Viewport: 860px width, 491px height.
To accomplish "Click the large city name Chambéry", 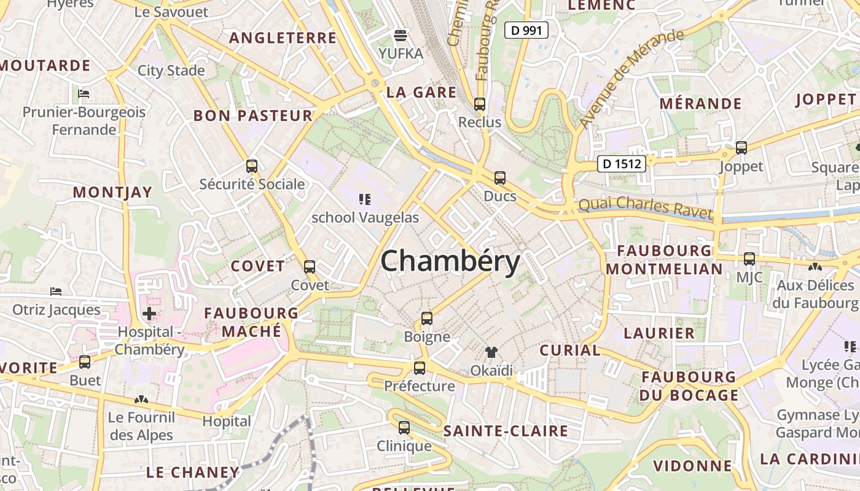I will coord(450,262).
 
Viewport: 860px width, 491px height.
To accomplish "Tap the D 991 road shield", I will coord(526,29).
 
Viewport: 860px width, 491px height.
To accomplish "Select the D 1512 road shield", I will coord(622,163).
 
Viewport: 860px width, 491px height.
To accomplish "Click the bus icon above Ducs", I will coord(500,178).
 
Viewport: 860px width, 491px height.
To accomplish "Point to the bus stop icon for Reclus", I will coord(480,104).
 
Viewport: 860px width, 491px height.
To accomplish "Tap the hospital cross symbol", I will coord(149,314).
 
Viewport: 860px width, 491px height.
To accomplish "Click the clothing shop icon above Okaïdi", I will coord(491,352).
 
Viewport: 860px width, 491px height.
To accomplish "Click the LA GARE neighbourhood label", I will coord(421,93).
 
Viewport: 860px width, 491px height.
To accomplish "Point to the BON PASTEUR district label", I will coord(253,115).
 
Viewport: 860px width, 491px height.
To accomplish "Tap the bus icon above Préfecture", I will coord(420,368).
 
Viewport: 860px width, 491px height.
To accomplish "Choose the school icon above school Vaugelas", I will coord(365,199).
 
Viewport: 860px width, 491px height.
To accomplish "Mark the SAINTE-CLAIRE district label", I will coord(506,431).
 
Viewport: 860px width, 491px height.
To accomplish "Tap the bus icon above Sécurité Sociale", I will coord(251,166).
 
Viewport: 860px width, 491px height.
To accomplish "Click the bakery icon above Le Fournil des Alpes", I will coord(141,400).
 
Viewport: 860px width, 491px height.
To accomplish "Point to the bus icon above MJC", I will coord(749,259).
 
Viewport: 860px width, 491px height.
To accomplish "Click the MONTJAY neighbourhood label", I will coord(112,192).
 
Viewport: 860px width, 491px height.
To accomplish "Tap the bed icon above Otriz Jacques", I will coord(56,291).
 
